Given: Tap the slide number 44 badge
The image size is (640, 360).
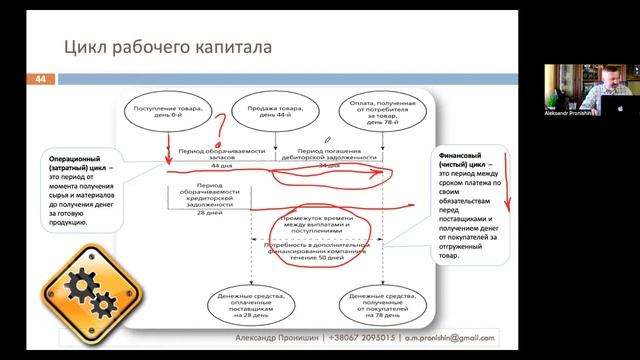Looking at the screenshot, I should tap(41, 78).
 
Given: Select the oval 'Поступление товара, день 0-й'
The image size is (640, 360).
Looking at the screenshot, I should tap(167, 112).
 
